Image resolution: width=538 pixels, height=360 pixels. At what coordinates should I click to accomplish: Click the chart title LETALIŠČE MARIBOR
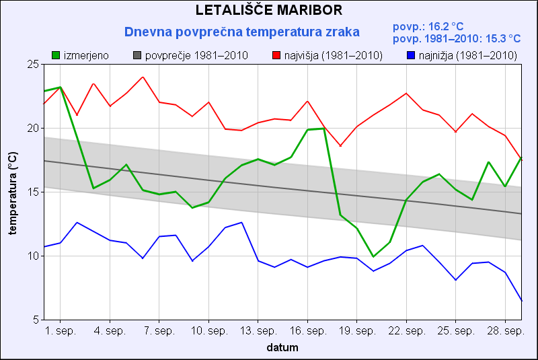pyautogui.click(x=269, y=10)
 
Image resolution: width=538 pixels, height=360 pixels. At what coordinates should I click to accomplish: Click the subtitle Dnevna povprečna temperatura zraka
pyautogui.click(x=242, y=32)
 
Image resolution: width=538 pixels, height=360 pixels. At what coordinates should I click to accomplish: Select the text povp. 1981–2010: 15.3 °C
pyautogui.click(x=457, y=38)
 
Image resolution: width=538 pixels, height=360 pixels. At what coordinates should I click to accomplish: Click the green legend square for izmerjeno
pyautogui.click(x=56, y=55)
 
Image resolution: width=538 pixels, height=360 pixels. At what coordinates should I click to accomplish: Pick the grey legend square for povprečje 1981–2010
pyautogui.click(x=137, y=55)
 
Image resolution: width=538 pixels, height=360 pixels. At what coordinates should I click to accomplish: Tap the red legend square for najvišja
pyautogui.click(x=276, y=55)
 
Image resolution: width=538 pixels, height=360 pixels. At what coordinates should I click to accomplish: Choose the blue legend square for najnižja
pyautogui.click(x=411, y=55)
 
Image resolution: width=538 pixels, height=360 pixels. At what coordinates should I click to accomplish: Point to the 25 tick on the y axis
pyautogui.click(x=33, y=64)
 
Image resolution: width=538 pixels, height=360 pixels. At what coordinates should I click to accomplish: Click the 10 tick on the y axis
pyautogui.click(x=33, y=256)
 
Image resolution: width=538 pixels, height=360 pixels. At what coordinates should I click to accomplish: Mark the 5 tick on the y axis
pyautogui.click(x=36, y=320)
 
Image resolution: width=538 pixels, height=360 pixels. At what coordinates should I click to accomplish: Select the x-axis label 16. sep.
pyautogui.click(x=307, y=332)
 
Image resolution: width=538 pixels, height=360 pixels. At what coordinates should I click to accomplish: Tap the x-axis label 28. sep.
pyautogui.click(x=505, y=332)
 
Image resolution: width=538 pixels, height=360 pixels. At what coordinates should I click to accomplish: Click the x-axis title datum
pyautogui.click(x=282, y=348)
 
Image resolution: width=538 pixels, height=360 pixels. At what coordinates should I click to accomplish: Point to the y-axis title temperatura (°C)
pyautogui.click(x=12, y=192)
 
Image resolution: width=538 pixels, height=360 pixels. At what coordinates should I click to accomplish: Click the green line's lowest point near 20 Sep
pyautogui.click(x=373, y=256)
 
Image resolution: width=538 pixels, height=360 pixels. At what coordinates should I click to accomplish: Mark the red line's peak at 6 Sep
pyautogui.click(x=143, y=77)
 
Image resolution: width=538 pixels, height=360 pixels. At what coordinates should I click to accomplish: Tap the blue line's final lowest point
pyautogui.click(x=522, y=301)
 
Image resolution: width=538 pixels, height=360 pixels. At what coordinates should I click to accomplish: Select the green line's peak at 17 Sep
pyautogui.click(x=324, y=128)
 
